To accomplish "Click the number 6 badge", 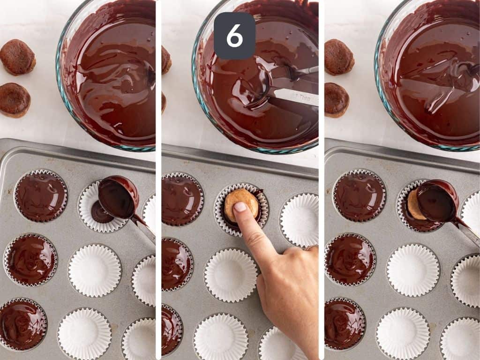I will tap(234, 36).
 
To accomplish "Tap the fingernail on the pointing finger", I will tap(240, 207).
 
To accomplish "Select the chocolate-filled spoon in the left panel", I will tap(118, 197).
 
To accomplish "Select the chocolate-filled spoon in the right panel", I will tap(436, 201).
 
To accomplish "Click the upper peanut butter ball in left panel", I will tap(17, 57).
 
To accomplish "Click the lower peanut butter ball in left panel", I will tap(15, 99).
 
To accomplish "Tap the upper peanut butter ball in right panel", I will tap(339, 56).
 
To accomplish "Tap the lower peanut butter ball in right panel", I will tap(337, 100).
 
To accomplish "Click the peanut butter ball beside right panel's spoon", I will tap(413, 205).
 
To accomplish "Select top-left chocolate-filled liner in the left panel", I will tap(40, 195).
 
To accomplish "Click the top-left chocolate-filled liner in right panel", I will tap(359, 195).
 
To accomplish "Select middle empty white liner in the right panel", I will tap(413, 270).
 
